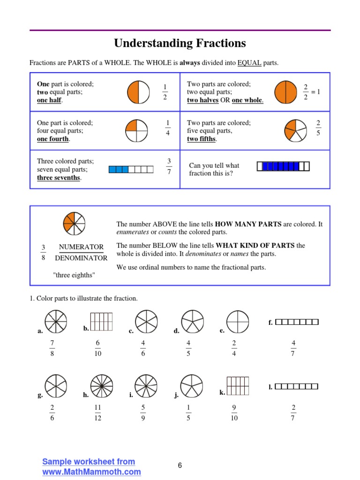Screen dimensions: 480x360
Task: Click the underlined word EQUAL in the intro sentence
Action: click(249, 63)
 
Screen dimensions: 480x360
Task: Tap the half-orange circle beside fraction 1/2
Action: click(138, 92)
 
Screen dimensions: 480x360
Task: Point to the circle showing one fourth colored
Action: click(137, 130)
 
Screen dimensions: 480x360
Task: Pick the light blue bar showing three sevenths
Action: click(131, 169)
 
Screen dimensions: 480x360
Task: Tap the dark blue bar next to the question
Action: click(283, 166)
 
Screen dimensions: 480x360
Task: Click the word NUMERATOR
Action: click(81, 247)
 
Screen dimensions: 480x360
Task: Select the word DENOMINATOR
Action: click(81, 258)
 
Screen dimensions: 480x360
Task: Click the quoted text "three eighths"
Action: click(74, 275)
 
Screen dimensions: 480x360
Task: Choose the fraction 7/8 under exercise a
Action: click(52, 348)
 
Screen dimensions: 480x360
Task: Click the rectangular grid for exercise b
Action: click(101, 322)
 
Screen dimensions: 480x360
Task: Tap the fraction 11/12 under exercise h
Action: click(97, 412)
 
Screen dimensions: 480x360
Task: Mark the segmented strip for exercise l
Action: click(296, 386)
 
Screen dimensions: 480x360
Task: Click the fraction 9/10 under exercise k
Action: click(234, 412)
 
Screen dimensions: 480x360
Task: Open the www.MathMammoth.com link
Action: click(91, 472)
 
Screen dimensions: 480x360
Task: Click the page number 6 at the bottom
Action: click(180, 465)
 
